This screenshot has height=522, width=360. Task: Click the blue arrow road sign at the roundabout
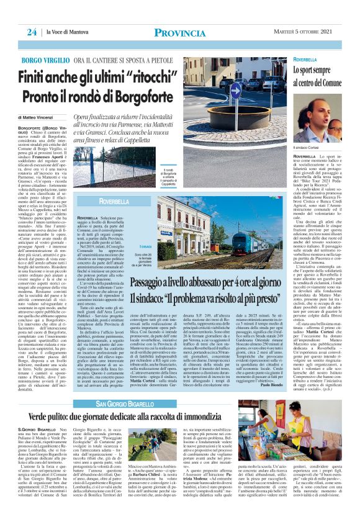[x=235, y=90]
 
